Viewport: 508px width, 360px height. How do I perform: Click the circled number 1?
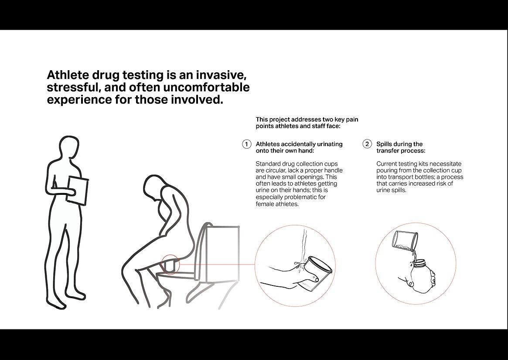tap(246, 144)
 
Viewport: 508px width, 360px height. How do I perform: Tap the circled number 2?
tap(367, 144)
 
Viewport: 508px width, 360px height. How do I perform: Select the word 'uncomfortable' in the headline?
tap(206, 88)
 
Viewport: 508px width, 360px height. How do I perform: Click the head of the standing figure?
tap(69, 147)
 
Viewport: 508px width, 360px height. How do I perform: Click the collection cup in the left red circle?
tap(316, 272)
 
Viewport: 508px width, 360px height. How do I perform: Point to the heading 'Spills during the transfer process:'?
tap(401, 147)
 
